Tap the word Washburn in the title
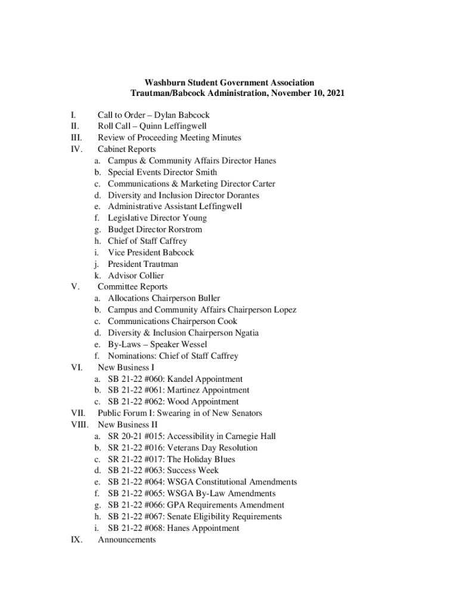165,82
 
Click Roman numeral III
76,138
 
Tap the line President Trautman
143,264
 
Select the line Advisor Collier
136,275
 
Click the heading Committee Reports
132,287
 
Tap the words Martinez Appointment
208,390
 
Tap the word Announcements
127,540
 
